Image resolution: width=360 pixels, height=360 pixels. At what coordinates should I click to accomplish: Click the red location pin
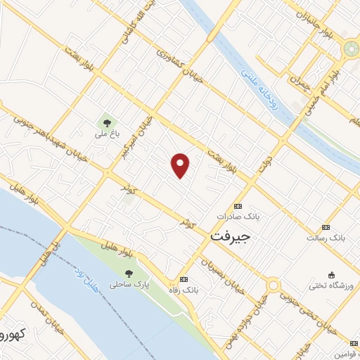tap(181, 165)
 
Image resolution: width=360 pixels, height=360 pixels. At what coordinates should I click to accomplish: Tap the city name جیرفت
tap(230, 238)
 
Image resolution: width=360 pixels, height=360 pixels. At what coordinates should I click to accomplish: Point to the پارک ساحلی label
tap(124, 285)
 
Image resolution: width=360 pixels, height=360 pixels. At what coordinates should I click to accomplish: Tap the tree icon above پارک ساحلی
tap(127, 274)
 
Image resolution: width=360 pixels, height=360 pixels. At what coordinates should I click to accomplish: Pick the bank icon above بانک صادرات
tap(237, 207)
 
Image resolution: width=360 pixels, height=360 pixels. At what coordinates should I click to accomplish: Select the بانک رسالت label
tap(323, 238)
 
